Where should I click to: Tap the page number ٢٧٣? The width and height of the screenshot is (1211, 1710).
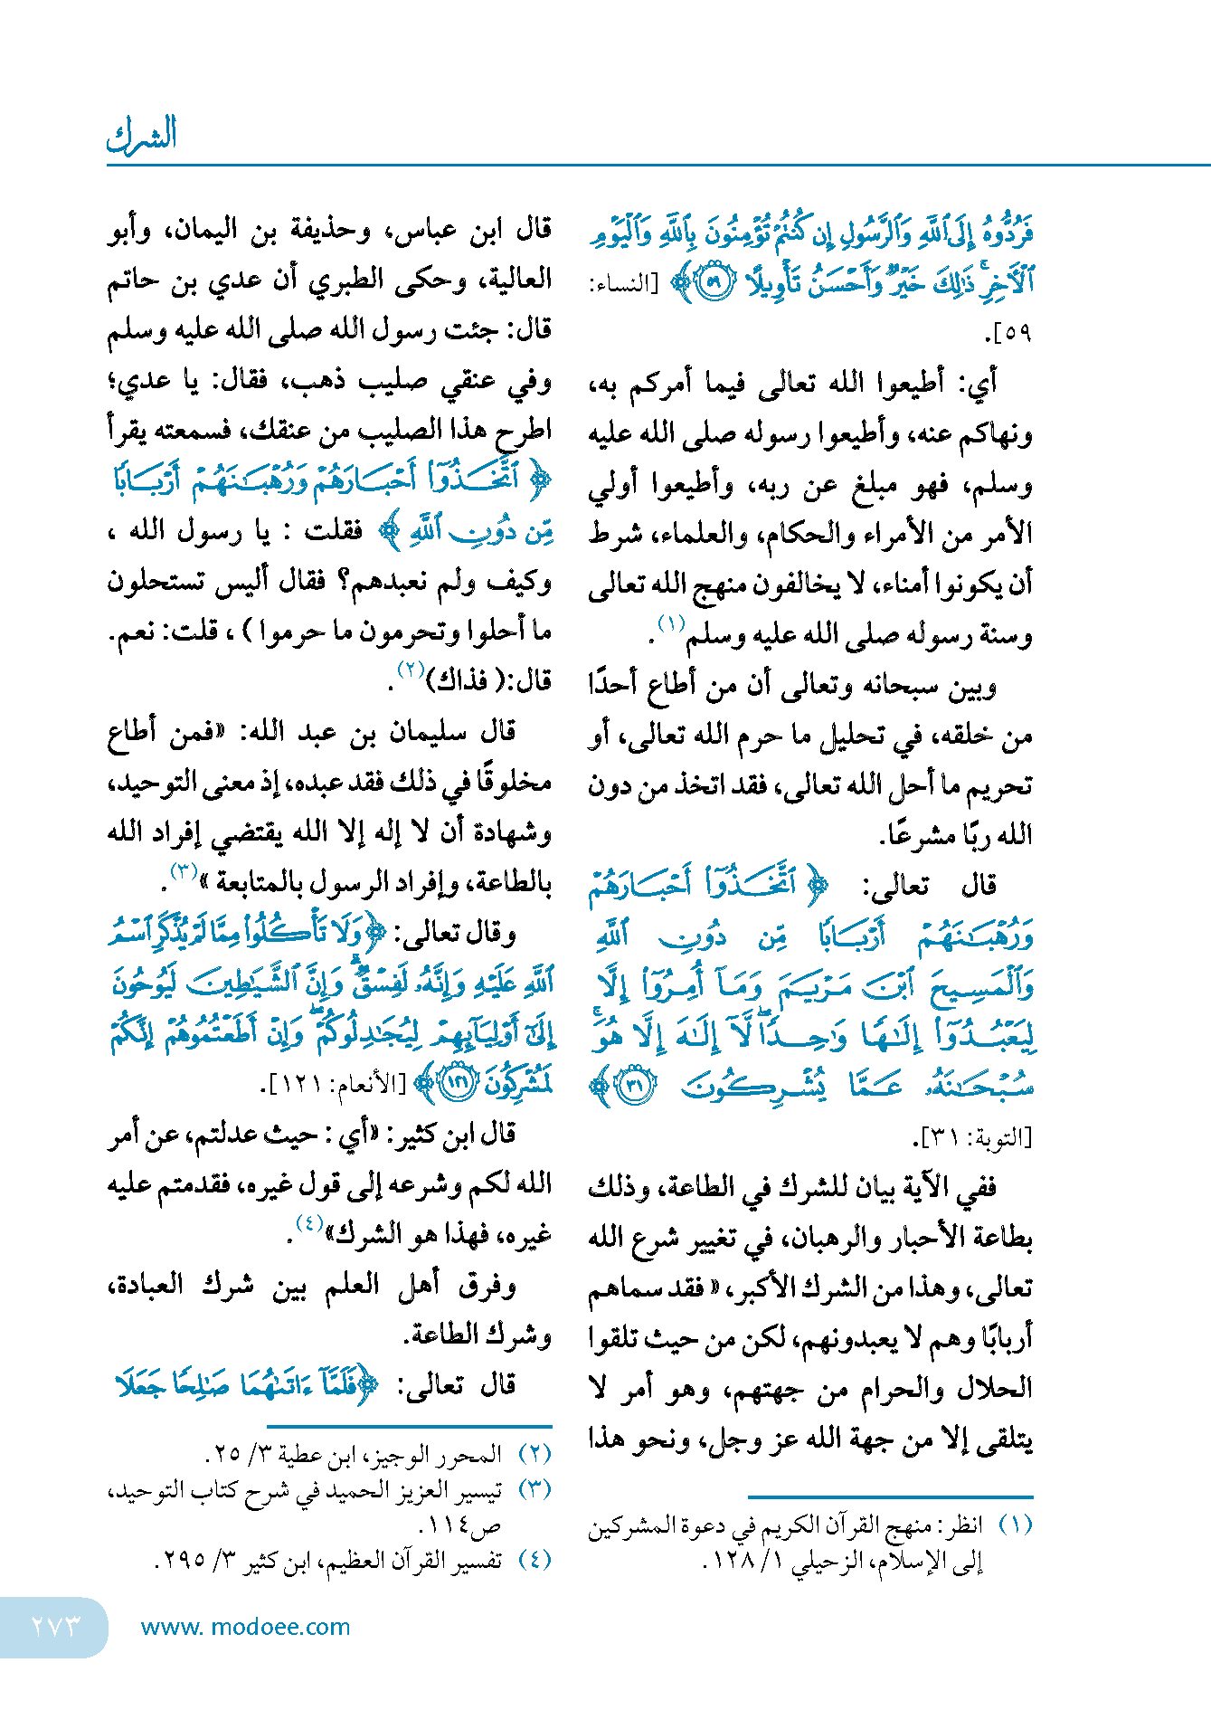pos(55,1626)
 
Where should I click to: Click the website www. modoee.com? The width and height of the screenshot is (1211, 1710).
pos(245,1627)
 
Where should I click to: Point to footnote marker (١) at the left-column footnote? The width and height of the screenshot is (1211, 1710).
pos(1015,1525)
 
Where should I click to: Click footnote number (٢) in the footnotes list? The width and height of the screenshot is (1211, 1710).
pos(535,1455)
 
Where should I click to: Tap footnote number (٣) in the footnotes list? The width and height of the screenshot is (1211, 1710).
pos(535,1489)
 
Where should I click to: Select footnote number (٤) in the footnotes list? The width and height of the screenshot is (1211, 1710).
pos(535,1560)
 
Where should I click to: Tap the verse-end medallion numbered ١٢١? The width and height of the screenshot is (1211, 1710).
pos(459,1084)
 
